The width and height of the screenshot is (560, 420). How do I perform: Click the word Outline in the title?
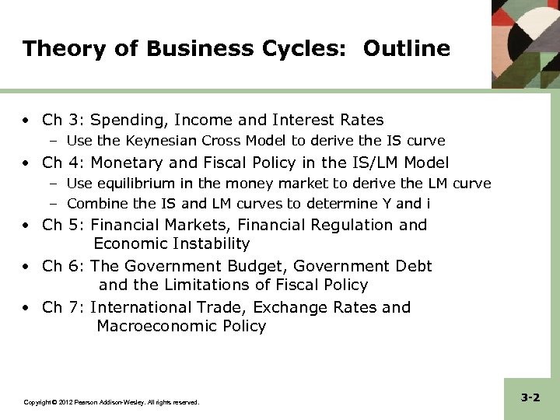(x=407, y=49)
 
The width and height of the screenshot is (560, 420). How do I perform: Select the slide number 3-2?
(x=530, y=397)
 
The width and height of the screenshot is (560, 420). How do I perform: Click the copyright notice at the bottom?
(x=111, y=402)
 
